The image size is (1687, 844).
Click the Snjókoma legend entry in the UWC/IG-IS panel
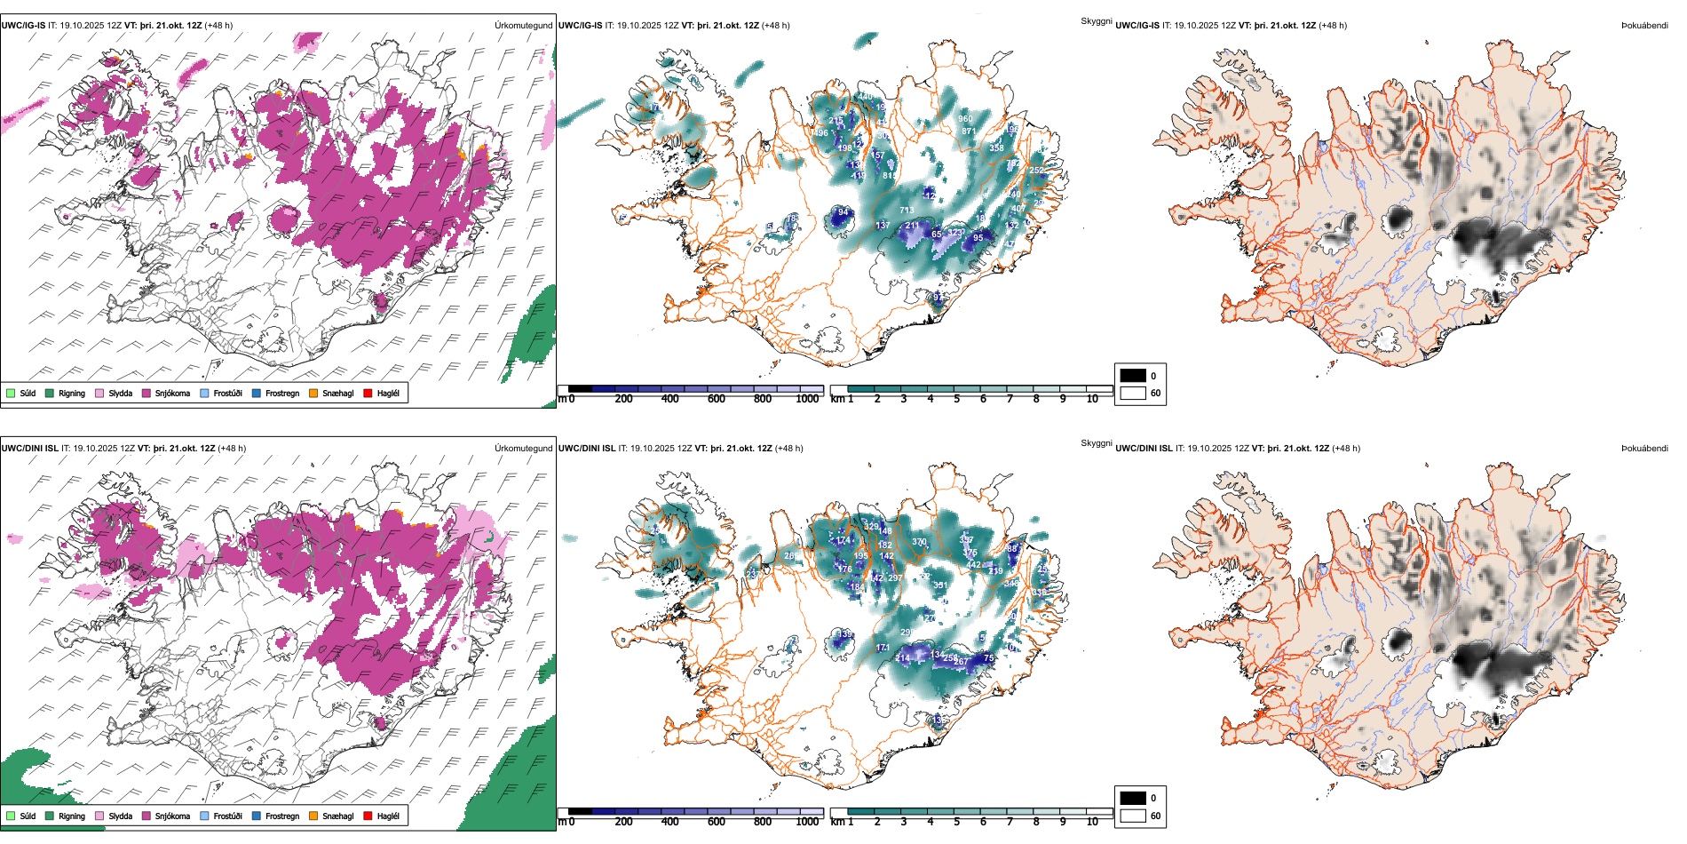pos(172,394)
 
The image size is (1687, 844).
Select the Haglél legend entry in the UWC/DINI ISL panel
pos(388,816)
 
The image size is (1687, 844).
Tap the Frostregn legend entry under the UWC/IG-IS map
pos(281,394)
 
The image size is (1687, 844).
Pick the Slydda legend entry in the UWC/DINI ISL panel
pos(120,816)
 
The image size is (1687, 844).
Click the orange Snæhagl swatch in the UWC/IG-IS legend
pos(313,394)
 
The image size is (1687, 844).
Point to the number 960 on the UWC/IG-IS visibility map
pos(965,119)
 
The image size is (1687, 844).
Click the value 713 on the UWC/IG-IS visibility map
pos(907,211)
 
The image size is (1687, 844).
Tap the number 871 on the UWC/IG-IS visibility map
pos(969,131)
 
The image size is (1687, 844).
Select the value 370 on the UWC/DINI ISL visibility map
pos(919,542)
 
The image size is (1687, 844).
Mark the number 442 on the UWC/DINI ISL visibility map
pos(974,565)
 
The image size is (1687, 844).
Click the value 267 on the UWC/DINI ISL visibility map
pos(961,662)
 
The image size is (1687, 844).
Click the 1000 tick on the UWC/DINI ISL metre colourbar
pos(807,822)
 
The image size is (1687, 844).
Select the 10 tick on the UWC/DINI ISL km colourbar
pos(1092,822)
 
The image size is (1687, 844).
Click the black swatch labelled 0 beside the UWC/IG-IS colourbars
pos(1133,376)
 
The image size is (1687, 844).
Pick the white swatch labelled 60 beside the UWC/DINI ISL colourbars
pos(1133,816)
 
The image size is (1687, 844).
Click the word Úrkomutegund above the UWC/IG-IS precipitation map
pos(523,26)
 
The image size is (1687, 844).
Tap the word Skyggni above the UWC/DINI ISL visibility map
pos(1096,443)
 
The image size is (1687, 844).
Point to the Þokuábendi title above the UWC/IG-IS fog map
pos(1644,26)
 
